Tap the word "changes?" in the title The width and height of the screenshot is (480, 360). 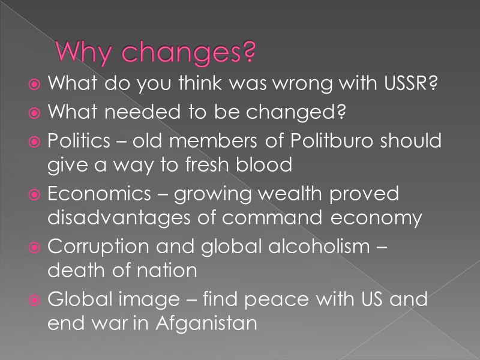(x=188, y=55)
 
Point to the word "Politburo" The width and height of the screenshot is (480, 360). (x=338, y=141)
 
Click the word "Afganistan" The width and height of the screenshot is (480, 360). (x=206, y=323)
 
